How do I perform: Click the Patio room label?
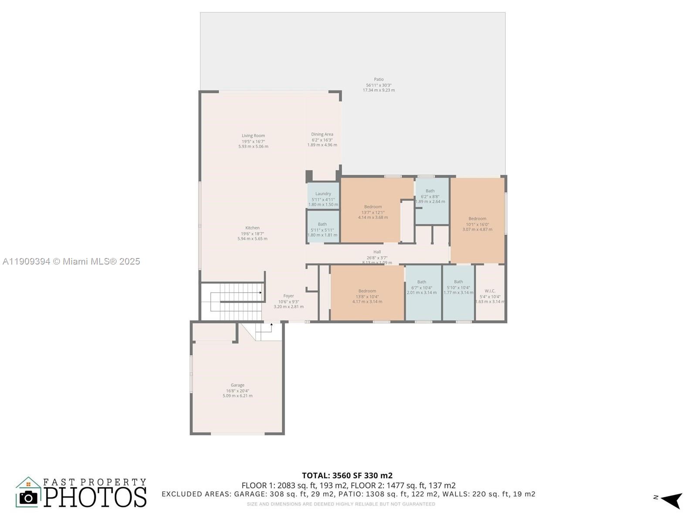pyautogui.click(x=379, y=80)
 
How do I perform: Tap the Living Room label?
pyautogui.click(x=253, y=136)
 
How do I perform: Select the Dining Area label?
pyautogui.click(x=322, y=134)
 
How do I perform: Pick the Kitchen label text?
pyautogui.click(x=252, y=228)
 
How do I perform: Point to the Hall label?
pyautogui.click(x=377, y=252)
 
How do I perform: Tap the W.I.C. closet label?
pyautogui.click(x=490, y=291)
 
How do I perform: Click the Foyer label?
pyautogui.click(x=288, y=296)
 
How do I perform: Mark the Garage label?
pyautogui.click(x=237, y=385)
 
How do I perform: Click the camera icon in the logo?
pyautogui.click(x=29, y=497)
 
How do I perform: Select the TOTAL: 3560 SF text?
pyautogui.click(x=347, y=475)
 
